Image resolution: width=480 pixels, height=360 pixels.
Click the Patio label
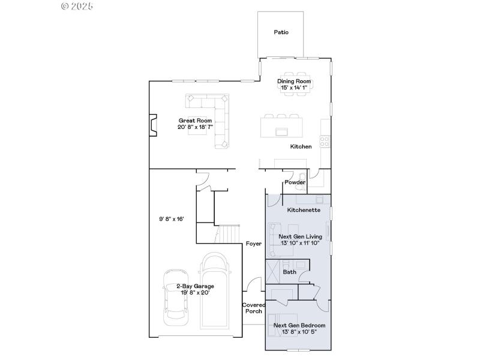281,32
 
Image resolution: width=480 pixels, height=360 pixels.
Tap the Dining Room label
294,81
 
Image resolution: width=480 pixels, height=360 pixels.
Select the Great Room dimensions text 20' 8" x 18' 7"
195,127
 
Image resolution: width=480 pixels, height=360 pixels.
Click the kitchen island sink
281,131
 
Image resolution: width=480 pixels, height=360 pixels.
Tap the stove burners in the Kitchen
325,142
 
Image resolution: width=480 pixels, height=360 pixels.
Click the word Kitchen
301,147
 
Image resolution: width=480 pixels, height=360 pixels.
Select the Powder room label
295,182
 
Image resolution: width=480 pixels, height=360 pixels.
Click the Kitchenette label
304,211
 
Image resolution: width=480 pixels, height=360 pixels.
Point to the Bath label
290,272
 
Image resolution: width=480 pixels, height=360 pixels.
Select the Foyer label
253,244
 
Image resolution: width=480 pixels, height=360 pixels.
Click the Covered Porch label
253,308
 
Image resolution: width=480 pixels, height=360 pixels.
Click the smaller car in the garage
175,296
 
